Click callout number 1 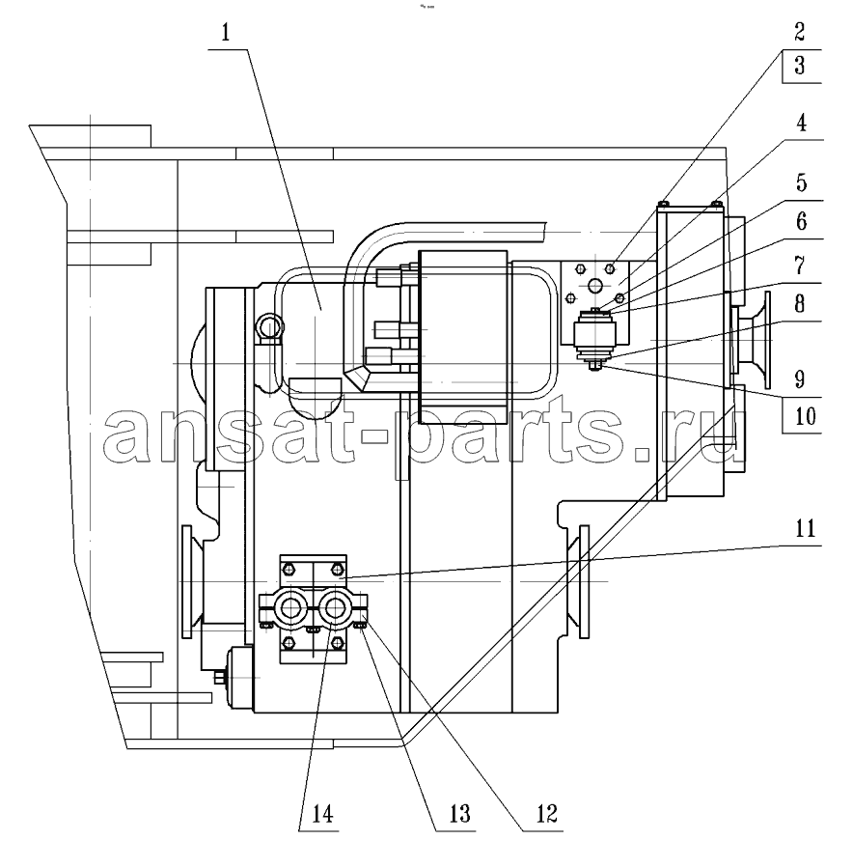pos(225,33)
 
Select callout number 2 pos(799,32)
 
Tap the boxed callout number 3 pos(799,66)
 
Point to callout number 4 pos(801,123)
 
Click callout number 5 pos(801,182)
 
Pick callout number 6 pos(801,221)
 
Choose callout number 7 pos(800,266)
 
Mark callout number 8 pos(799,304)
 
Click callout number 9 pos(799,379)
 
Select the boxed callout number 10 pos(805,416)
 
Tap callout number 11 pos(805,529)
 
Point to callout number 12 pos(546,813)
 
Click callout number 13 pos(459,813)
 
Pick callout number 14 pos(322,814)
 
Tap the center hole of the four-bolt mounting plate pos(595,286)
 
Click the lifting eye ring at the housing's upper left pos(268,327)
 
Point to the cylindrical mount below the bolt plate pos(594,334)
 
